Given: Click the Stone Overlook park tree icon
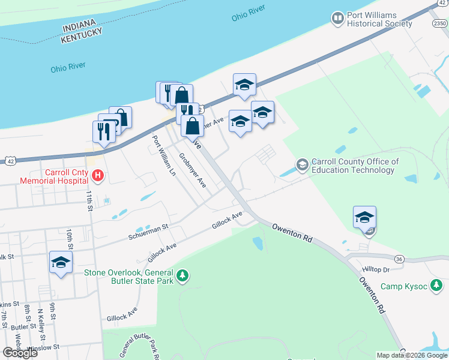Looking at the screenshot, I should coord(184,276).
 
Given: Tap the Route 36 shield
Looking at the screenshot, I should coord(399,259).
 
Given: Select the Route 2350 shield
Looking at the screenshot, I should coord(439,23).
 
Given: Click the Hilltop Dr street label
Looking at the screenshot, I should coord(376,270).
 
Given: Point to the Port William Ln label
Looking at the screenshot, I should coord(164,155).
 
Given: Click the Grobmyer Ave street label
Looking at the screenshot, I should coord(193,170).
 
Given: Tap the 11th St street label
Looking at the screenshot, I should coord(90,200).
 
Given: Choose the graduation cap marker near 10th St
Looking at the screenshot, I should coord(61,262).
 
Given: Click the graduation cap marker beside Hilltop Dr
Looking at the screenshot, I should coord(364,217).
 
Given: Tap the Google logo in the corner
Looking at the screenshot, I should coord(20,353).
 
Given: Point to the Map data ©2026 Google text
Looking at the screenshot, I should coord(411,355).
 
